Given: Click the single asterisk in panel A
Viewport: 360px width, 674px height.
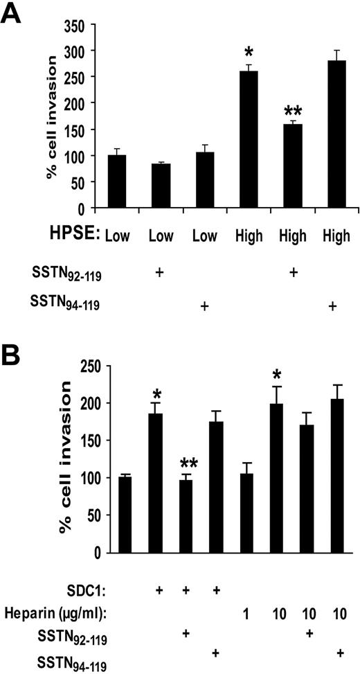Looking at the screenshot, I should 246,54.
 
